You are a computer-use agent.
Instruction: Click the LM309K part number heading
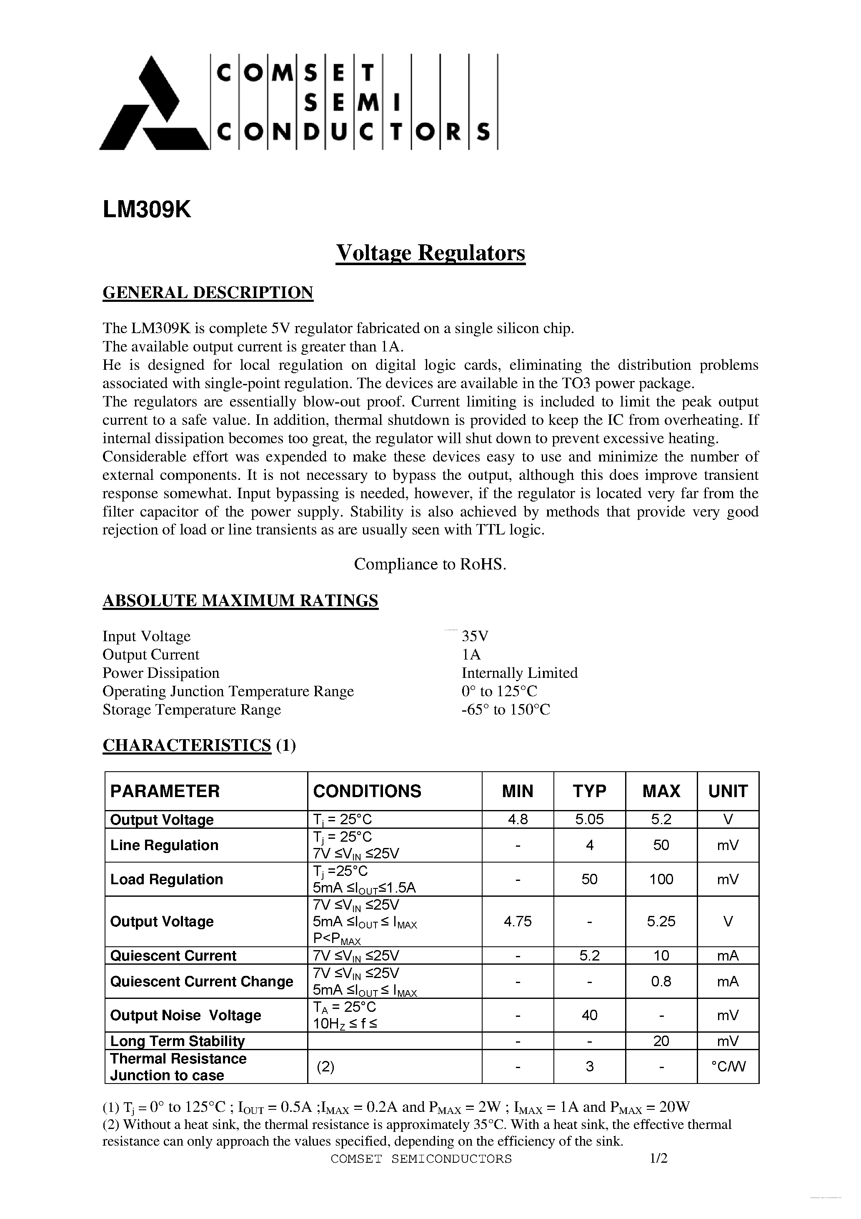[x=147, y=210]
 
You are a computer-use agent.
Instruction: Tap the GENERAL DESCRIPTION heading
[x=208, y=293]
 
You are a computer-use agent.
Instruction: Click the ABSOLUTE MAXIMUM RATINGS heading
[x=240, y=600]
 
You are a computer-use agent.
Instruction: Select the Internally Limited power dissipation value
[x=519, y=673]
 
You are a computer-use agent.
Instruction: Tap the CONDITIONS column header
[x=367, y=791]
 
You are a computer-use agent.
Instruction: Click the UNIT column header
[x=728, y=791]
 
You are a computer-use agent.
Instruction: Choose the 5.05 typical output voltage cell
[x=589, y=819]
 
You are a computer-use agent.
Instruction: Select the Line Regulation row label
[x=164, y=845]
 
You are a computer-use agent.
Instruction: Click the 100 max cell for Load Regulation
[x=661, y=879]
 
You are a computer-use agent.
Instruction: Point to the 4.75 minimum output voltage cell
[x=517, y=921]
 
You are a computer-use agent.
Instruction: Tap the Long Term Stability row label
[x=177, y=1041]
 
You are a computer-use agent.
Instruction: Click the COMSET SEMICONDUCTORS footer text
[x=421, y=1159]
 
